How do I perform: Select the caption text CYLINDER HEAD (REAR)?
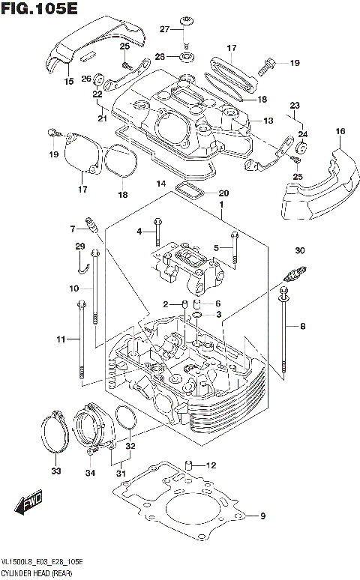(x=37, y=573)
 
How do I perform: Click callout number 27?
(x=164, y=28)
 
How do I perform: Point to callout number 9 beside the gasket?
(x=262, y=516)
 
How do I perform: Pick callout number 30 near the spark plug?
(x=299, y=250)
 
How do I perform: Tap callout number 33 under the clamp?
(x=55, y=471)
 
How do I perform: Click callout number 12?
(x=211, y=465)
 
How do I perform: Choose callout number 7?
(x=74, y=229)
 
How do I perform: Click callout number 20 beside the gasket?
(x=223, y=193)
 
